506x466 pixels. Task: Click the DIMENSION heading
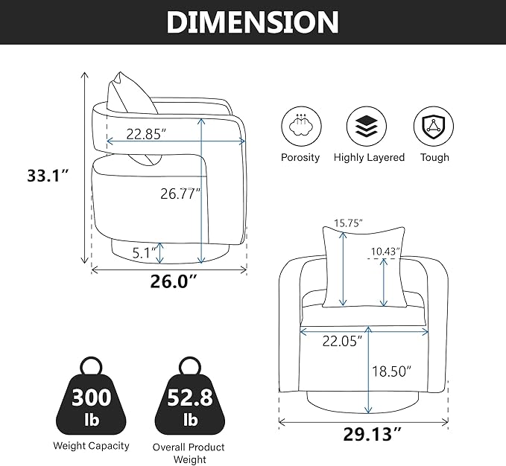pos(253,22)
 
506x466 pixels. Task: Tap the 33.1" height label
pos(48,176)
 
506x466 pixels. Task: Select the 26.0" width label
pos(174,281)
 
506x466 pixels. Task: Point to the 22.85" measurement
pos(146,134)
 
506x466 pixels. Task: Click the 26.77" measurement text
pos(180,194)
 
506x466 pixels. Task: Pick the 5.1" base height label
pos(145,252)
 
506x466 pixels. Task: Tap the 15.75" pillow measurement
pos(348,223)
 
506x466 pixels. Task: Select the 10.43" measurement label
pos(385,252)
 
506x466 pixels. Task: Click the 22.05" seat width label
pos(342,341)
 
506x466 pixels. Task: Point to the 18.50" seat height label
pos(392,371)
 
